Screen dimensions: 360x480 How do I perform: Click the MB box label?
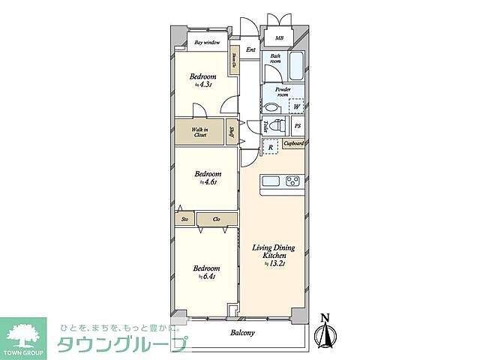pos(279,37)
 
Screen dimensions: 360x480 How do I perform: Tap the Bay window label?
pos(207,43)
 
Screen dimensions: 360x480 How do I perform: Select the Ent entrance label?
pos(251,50)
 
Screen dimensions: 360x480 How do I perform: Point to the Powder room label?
pos(283,92)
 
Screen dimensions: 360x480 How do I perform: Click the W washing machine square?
pos(296,106)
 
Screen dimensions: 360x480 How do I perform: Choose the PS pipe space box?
pos(298,127)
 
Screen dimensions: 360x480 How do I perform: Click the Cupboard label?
pos(293,143)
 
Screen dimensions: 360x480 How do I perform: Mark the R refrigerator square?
pos(270,147)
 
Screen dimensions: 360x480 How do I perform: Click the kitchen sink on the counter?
pos(270,181)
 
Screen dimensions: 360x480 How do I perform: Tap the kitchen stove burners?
pos(292,181)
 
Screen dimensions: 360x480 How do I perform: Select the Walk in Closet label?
pos(199,133)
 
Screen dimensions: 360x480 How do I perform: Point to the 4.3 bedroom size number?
pos(207,85)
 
